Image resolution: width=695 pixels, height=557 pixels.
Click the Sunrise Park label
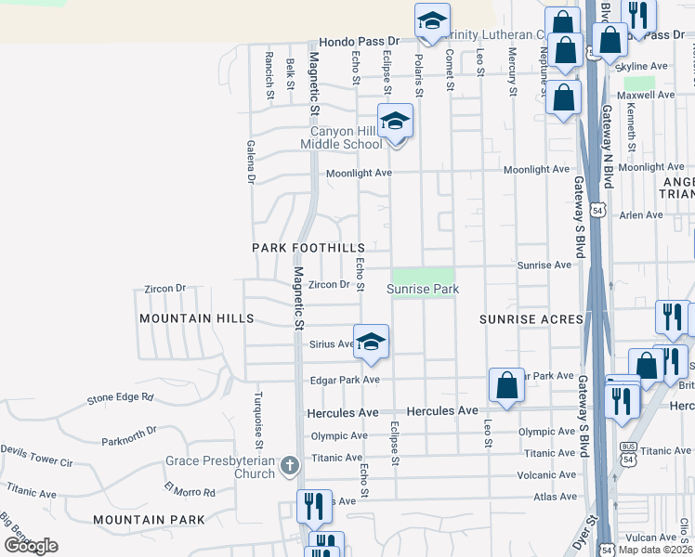point(423,290)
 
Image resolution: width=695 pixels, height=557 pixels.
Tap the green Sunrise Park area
point(423,277)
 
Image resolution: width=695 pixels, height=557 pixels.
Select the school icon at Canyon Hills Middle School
point(395,123)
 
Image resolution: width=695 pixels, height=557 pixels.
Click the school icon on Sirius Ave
point(370,341)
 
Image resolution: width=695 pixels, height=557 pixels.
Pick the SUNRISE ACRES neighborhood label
point(531,319)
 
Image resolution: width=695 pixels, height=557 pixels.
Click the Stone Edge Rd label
point(120,398)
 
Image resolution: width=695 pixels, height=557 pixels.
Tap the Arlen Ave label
point(641,215)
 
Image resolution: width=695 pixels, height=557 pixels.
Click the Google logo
point(31,546)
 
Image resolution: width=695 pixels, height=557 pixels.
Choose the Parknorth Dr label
point(129,434)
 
